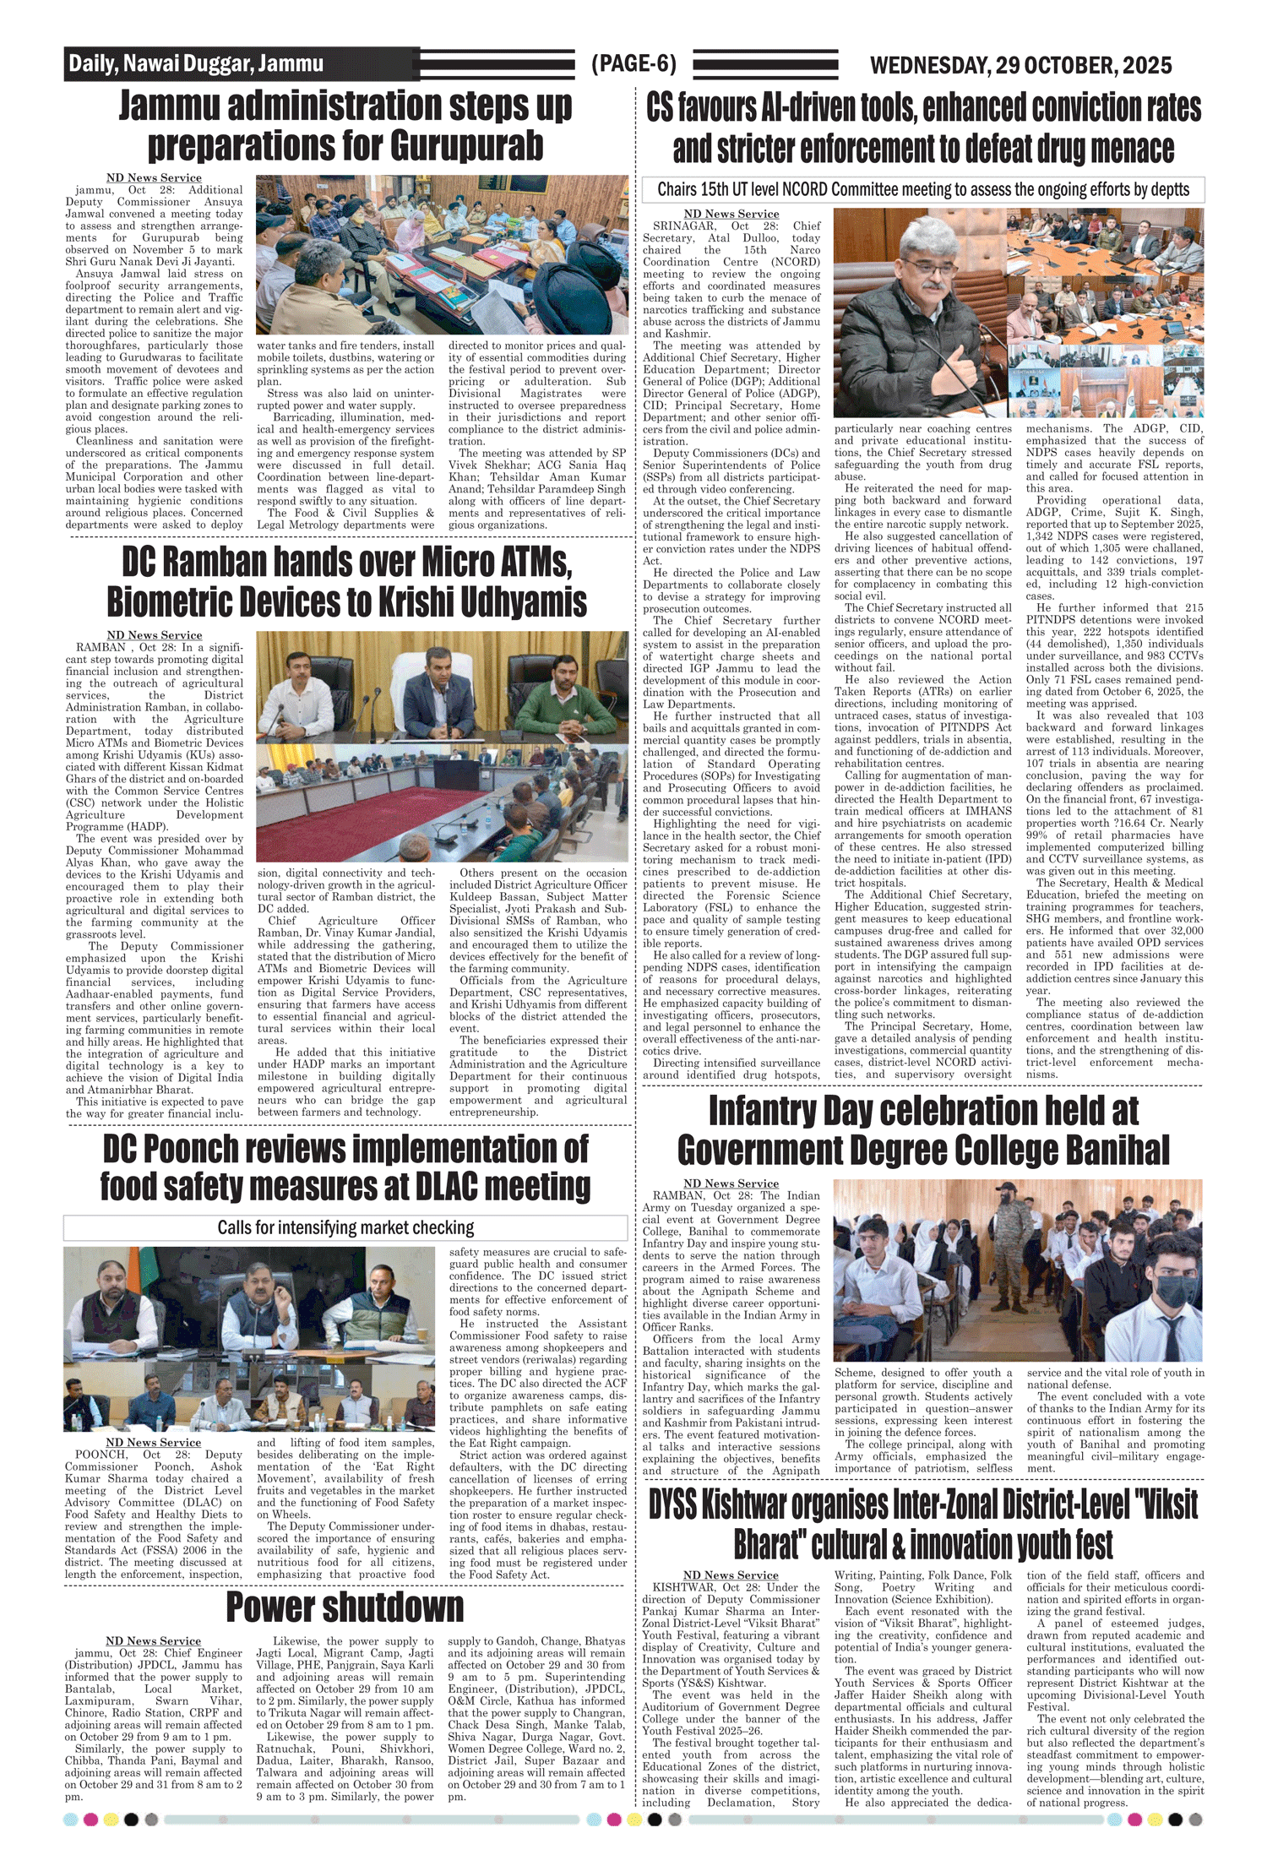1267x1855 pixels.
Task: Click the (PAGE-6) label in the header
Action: pos(633,64)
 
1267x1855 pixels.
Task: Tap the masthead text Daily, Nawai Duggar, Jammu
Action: pos(196,64)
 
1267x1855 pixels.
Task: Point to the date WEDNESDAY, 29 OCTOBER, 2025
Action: pos(1020,65)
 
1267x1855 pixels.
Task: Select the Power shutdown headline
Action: pos(345,1607)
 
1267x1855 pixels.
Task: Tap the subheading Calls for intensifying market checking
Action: pos(345,1227)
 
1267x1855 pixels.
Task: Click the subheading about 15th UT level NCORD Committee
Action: pos(922,189)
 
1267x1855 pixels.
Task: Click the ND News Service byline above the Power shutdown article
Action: pos(154,1640)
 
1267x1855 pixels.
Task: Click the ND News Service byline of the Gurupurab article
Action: pos(154,177)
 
